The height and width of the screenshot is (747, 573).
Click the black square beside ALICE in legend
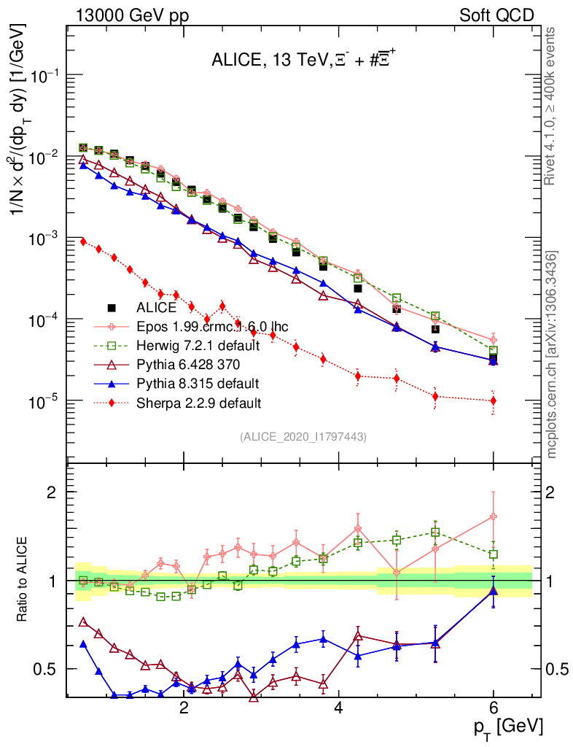(112, 308)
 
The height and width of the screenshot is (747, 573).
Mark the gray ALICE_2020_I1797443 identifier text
(303, 436)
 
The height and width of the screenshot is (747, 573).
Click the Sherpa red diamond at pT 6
(494, 400)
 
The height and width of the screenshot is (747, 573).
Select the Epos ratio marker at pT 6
(494, 516)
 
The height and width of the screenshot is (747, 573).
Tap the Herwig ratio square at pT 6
(494, 554)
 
